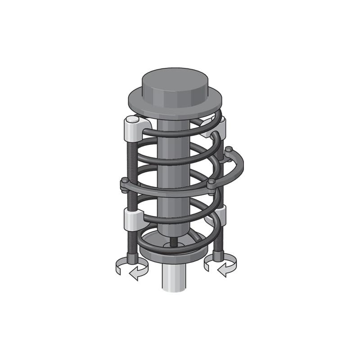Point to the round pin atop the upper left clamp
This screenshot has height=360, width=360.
tap(131, 120)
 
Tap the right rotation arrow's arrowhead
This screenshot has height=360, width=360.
tap(221, 270)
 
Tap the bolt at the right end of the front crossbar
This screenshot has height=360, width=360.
tap(211, 183)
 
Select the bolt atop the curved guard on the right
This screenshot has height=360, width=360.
tap(229, 149)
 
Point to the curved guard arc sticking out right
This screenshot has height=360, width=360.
tap(238, 169)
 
